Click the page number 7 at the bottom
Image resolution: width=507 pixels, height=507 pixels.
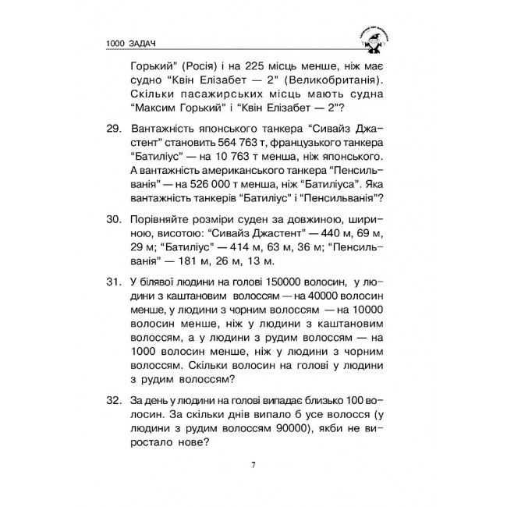(253, 466)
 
